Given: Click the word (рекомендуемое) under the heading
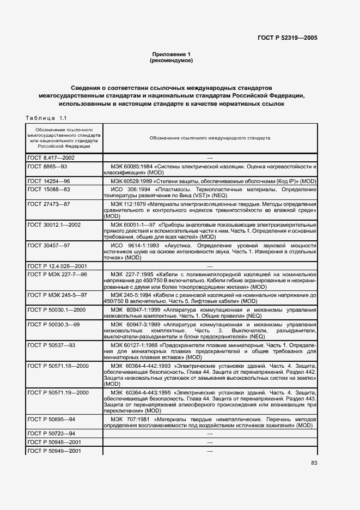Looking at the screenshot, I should [171, 60].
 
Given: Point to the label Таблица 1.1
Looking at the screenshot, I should [46, 118].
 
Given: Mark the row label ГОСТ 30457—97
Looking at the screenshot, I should [48, 246].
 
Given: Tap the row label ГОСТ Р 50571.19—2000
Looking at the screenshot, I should [58, 392].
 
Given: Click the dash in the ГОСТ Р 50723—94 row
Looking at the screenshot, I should [210, 433].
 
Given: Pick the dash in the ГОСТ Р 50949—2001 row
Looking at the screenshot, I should [210, 450].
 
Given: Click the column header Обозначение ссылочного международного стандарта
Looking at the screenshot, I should [210, 138].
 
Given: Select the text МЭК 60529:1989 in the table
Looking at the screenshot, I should [133, 180].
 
